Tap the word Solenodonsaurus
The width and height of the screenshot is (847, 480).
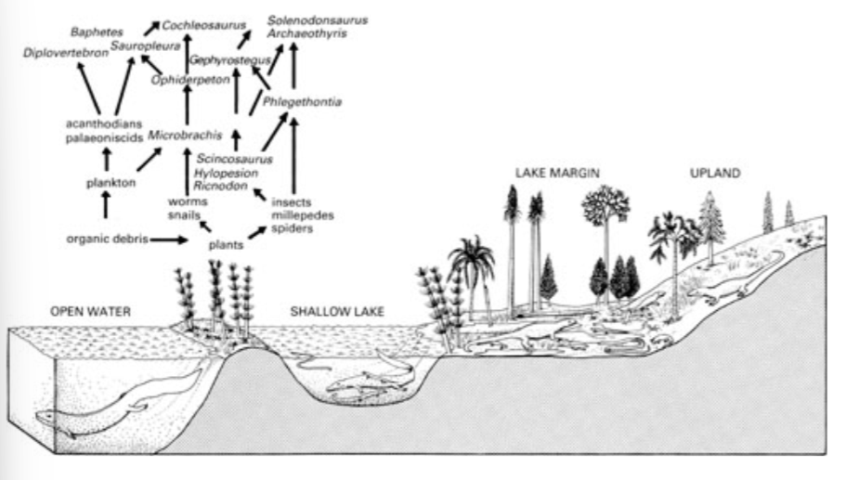(317, 19)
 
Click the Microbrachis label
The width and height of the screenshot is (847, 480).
(183, 133)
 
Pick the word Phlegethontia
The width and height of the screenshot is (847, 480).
(302, 101)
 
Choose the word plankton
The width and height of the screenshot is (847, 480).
(107, 183)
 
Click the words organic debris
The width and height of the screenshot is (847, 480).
(107, 239)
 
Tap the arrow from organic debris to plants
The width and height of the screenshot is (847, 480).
(169, 240)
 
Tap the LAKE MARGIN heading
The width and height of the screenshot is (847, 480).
(558, 174)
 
